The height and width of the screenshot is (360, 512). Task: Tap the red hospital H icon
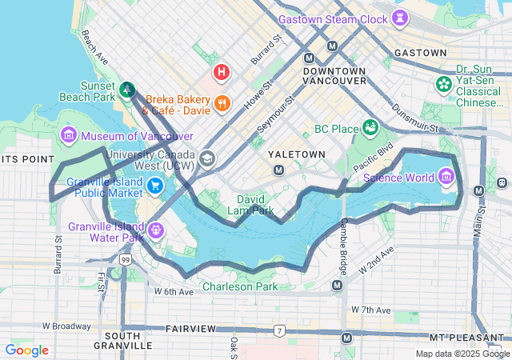(x=222, y=72)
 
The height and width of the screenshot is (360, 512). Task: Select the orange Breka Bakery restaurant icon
(x=222, y=103)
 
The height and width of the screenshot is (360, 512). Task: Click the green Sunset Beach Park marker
(x=128, y=89)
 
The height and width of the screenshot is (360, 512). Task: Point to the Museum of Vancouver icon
(x=68, y=135)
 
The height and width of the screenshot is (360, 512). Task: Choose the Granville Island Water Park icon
(x=156, y=230)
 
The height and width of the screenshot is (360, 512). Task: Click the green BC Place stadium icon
(x=370, y=128)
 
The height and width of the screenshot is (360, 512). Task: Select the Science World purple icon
(x=446, y=176)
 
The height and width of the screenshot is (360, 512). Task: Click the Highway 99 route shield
(x=125, y=260)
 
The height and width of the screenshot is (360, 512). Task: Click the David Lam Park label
(x=256, y=205)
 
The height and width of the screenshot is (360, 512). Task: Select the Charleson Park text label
(x=239, y=286)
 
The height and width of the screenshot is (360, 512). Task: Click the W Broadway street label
(x=66, y=326)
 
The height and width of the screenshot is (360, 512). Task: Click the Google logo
(x=26, y=350)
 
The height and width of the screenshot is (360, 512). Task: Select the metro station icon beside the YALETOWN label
(x=278, y=170)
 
